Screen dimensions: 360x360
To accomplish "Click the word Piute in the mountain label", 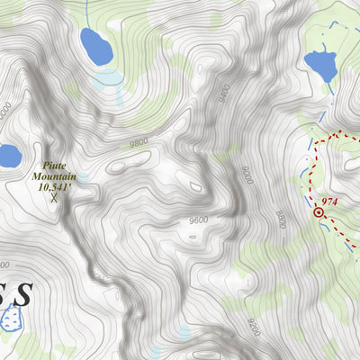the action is [x=55, y=166].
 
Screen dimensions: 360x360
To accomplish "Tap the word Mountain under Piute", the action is [x=55, y=177].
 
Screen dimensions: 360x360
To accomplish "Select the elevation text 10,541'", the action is [x=55, y=188].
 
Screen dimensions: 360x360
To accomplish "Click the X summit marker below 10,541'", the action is [x=54, y=199].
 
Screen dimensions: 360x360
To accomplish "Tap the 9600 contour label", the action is [x=199, y=220].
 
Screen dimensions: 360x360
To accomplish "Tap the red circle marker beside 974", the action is [x=319, y=212].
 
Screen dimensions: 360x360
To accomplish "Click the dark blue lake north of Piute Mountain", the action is [x=95, y=46].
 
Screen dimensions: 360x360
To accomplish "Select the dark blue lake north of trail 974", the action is [x=320, y=66].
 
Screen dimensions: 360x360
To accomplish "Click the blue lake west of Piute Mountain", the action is [x=7, y=157].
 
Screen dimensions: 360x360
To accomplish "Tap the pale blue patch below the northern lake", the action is [x=107, y=77].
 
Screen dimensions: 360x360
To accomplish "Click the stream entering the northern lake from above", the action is [x=86, y=13].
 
